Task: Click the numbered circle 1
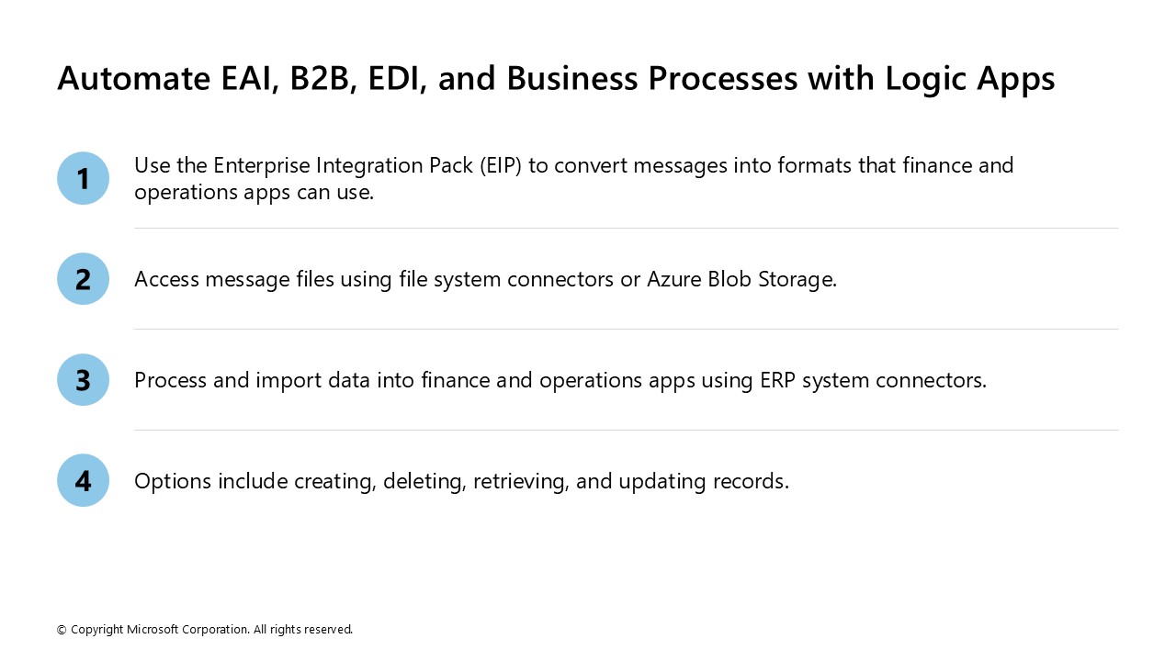83,178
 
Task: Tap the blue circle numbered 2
83,279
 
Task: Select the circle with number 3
83,380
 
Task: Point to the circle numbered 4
83,481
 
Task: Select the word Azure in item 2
675,279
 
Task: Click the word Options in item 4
173,481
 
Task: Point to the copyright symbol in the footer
62,630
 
